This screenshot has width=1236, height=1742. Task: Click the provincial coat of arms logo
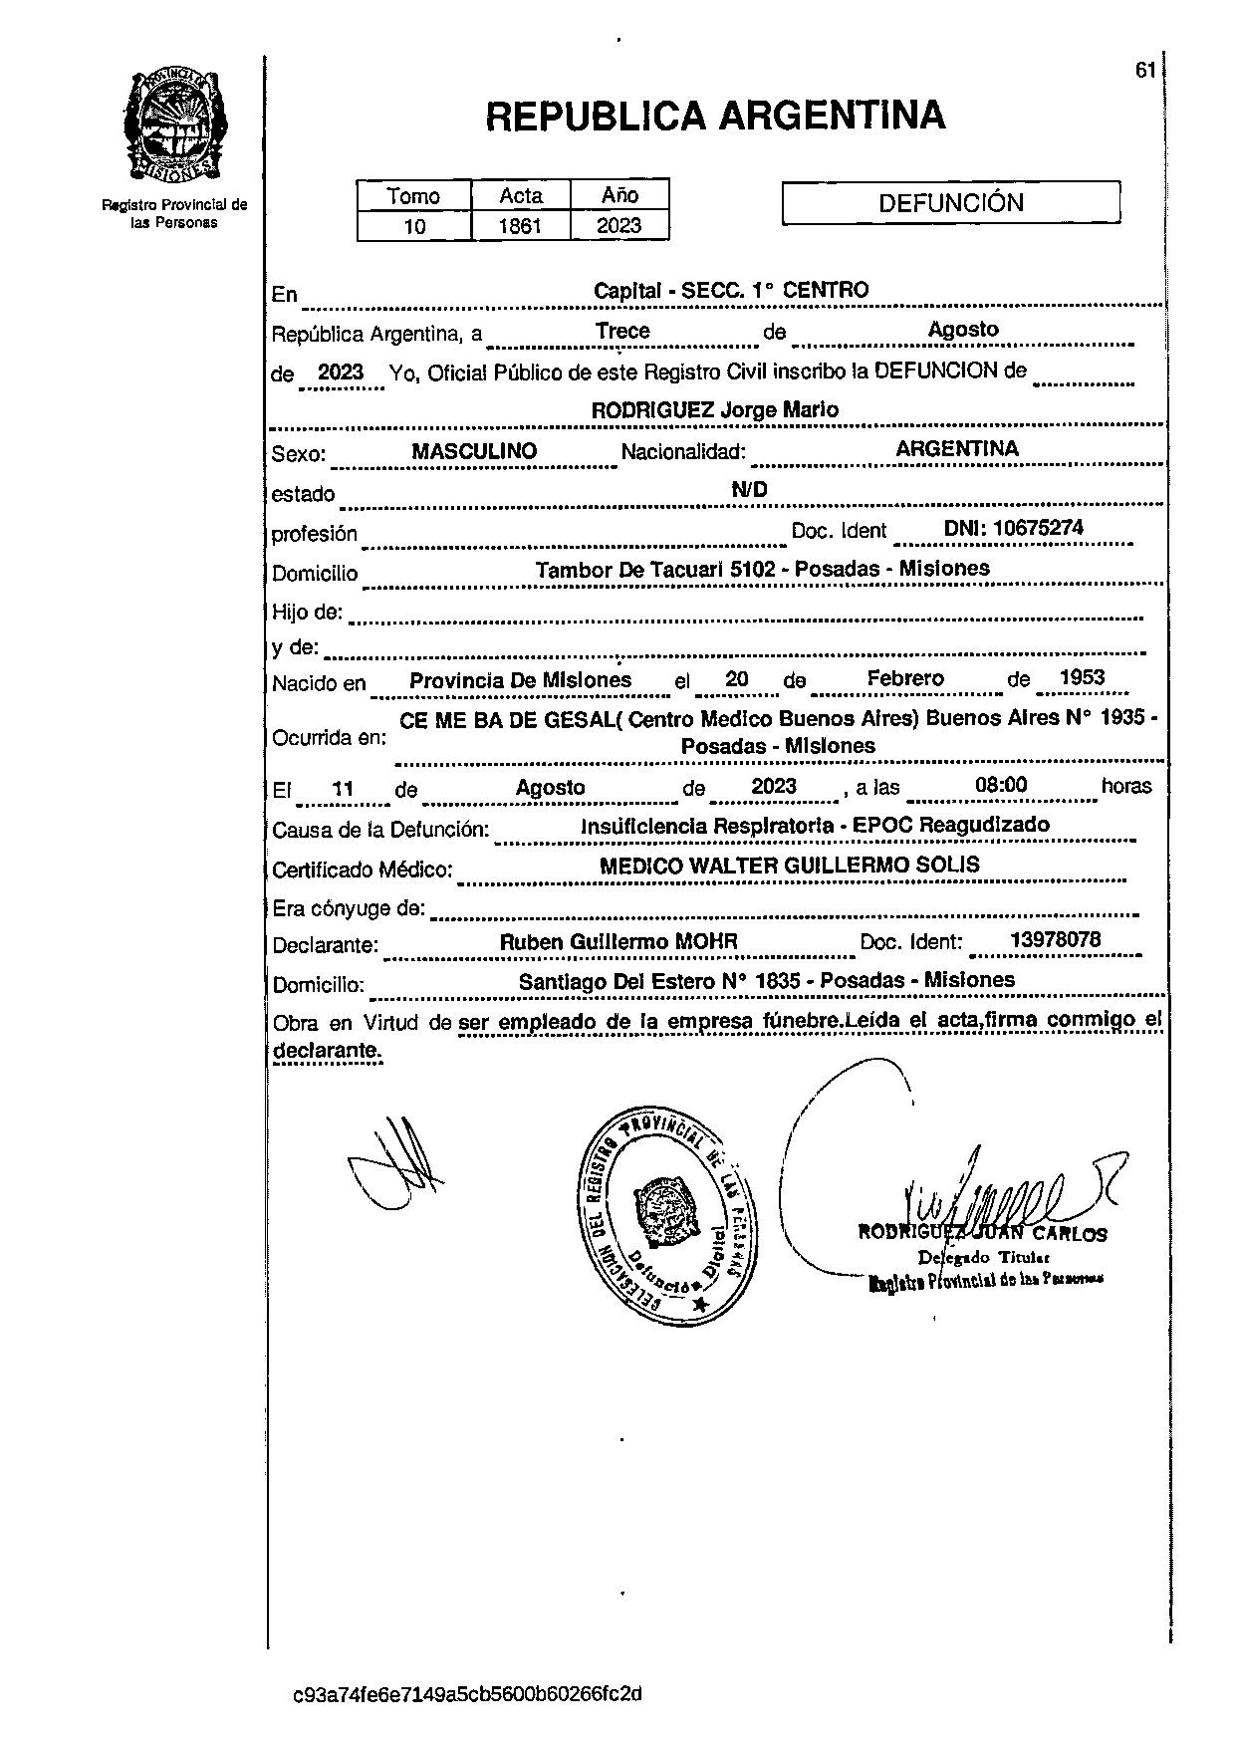click(175, 126)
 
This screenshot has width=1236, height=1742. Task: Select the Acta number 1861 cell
click(520, 226)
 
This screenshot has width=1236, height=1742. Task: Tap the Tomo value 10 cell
click(414, 226)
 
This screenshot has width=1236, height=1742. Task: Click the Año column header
click(619, 195)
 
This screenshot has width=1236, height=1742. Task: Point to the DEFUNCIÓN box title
click(951, 203)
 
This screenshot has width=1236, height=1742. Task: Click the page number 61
click(1144, 70)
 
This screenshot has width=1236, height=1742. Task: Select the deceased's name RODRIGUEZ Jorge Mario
click(714, 410)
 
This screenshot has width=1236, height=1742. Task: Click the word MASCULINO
click(474, 451)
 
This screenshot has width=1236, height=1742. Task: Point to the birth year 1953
click(1082, 678)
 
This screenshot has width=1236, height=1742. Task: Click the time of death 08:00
click(1001, 785)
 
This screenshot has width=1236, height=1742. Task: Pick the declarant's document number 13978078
click(1055, 940)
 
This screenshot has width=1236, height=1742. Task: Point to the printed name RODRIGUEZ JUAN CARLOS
click(982, 1234)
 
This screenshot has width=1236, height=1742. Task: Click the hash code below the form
click(467, 1693)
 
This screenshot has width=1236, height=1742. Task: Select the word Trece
click(622, 331)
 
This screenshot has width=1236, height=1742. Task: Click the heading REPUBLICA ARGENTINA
click(715, 117)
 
